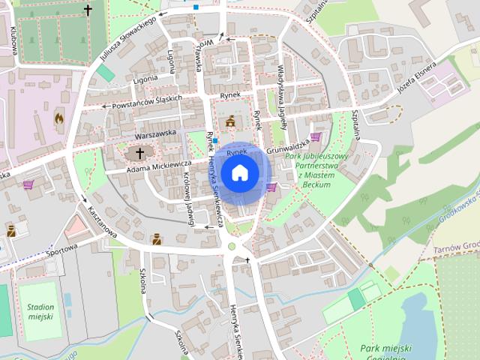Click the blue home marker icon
(239, 173)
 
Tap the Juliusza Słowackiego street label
(127, 38)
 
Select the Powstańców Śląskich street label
(147, 102)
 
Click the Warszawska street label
(155, 133)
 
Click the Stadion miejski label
(40, 312)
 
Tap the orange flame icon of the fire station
(59, 118)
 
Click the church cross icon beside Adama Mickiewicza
(138, 152)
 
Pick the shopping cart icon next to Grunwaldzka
(315, 136)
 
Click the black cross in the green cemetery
(88, 10)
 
